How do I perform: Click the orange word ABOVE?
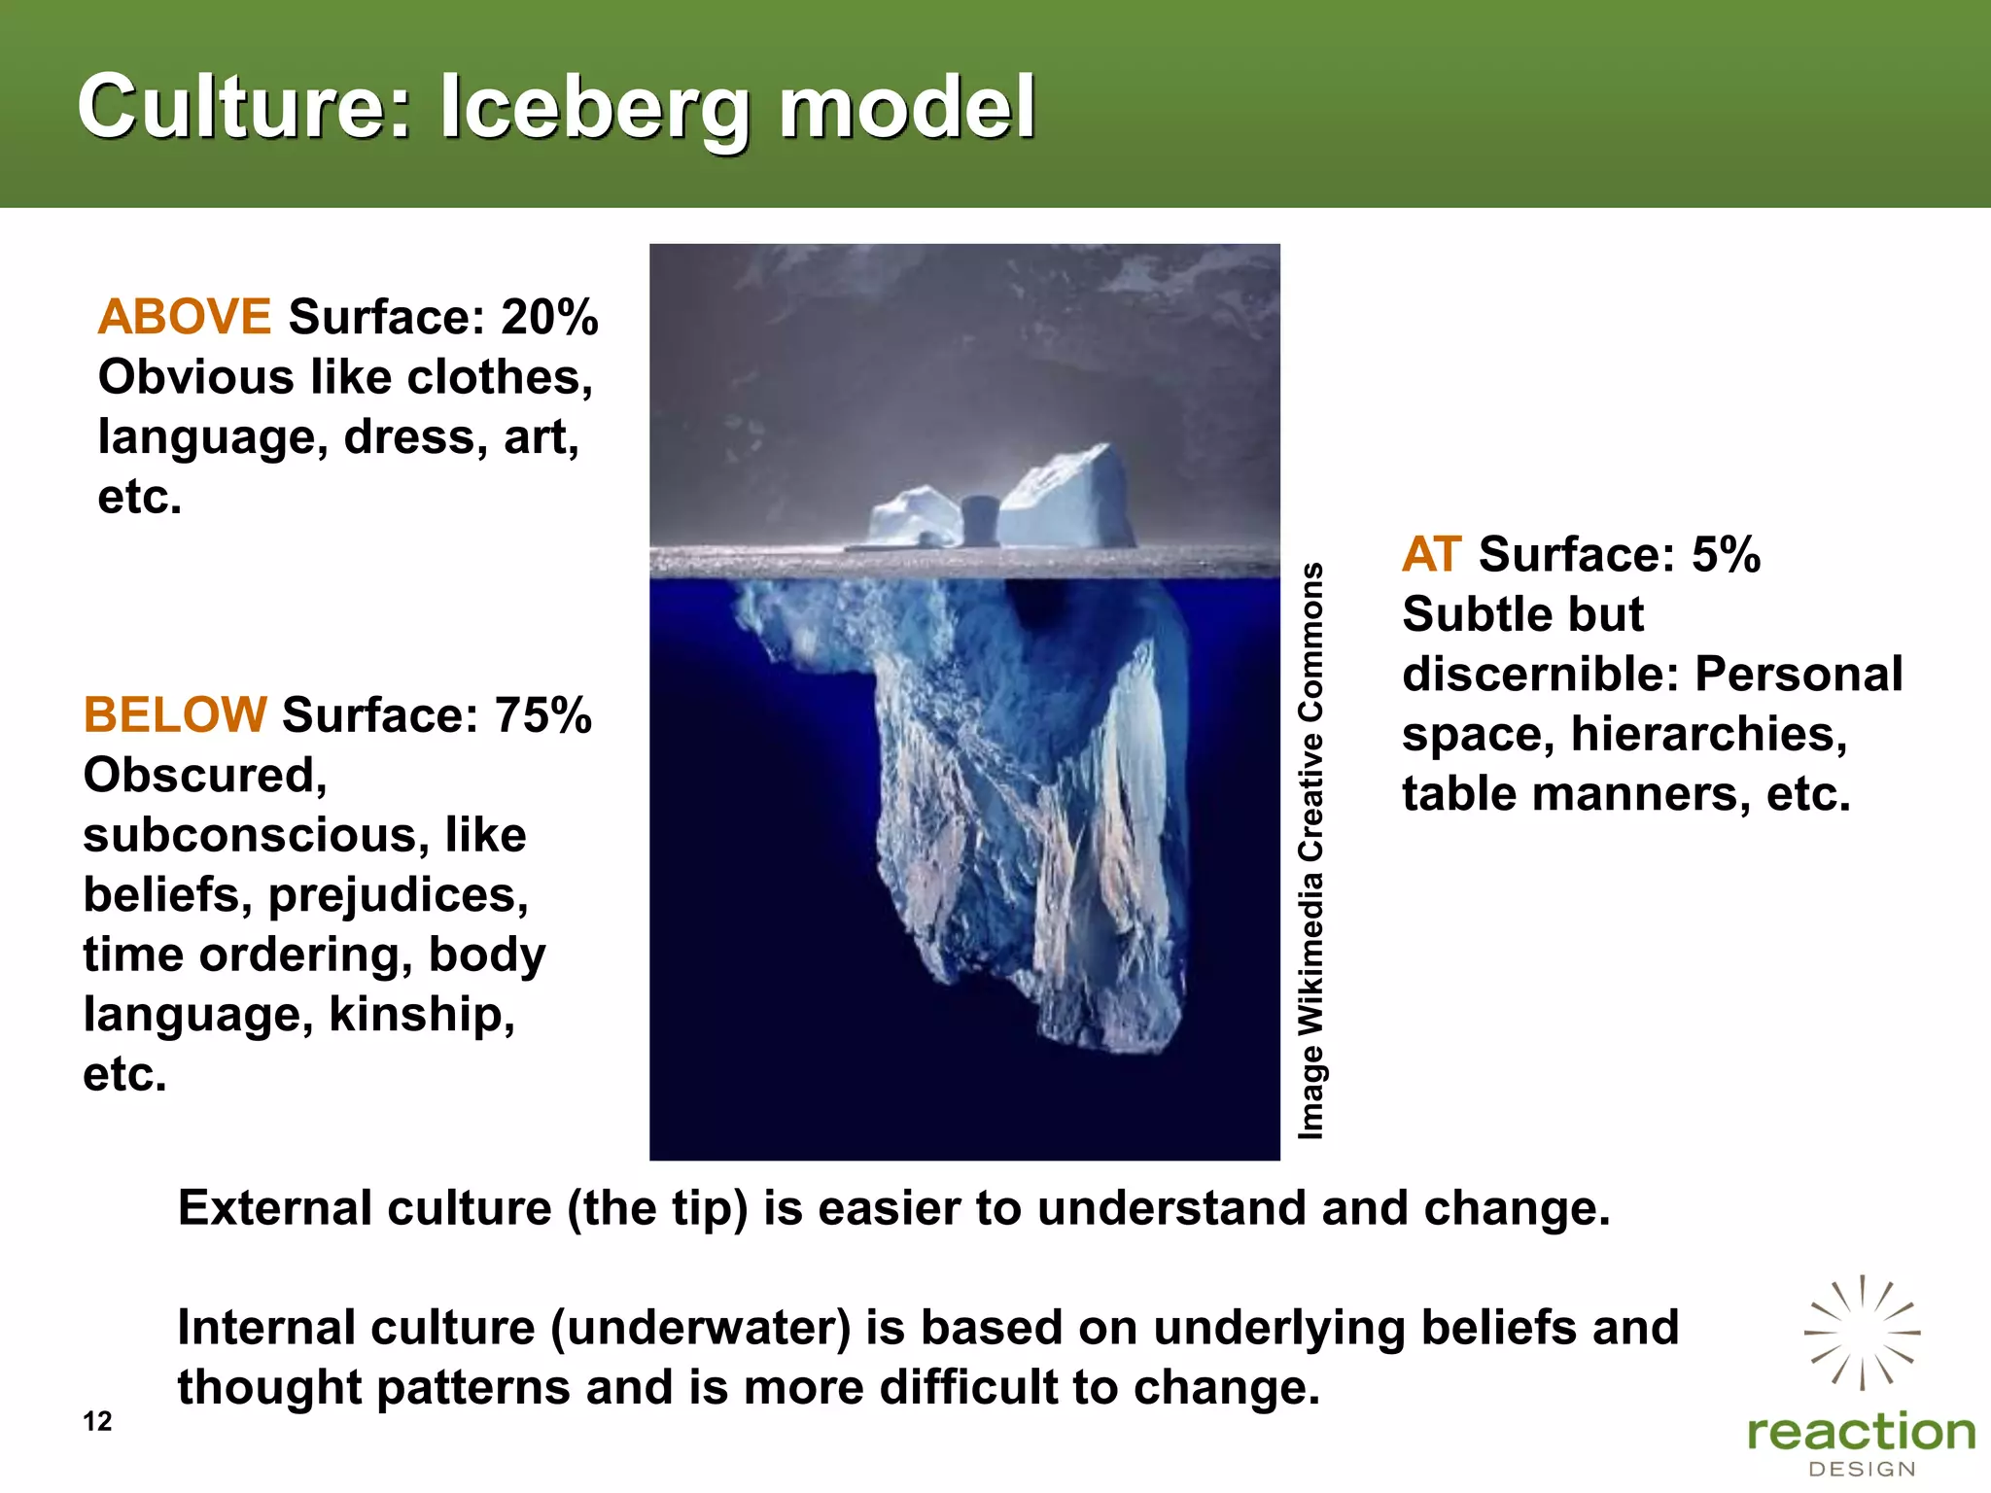pyautogui.click(x=184, y=317)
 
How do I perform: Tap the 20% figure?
pyautogui.click(x=549, y=317)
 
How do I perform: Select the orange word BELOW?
pyautogui.click(x=174, y=714)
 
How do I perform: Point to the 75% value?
pyautogui.click(x=542, y=714)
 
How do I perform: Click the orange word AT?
pyautogui.click(x=1431, y=554)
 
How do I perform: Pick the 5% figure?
pyautogui.click(x=1726, y=554)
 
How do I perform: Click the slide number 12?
pyautogui.click(x=97, y=1421)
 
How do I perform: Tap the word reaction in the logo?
pyautogui.click(x=1861, y=1433)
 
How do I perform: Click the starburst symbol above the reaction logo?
pyautogui.click(x=1862, y=1333)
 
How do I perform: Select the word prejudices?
pyautogui.click(x=398, y=895)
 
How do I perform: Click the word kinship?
pyautogui.click(x=421, y=1015)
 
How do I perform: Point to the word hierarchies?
pyautogui.click(x=1708, y=734)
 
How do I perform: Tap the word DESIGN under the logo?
pyautogui.click(x=1862, y=1470)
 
